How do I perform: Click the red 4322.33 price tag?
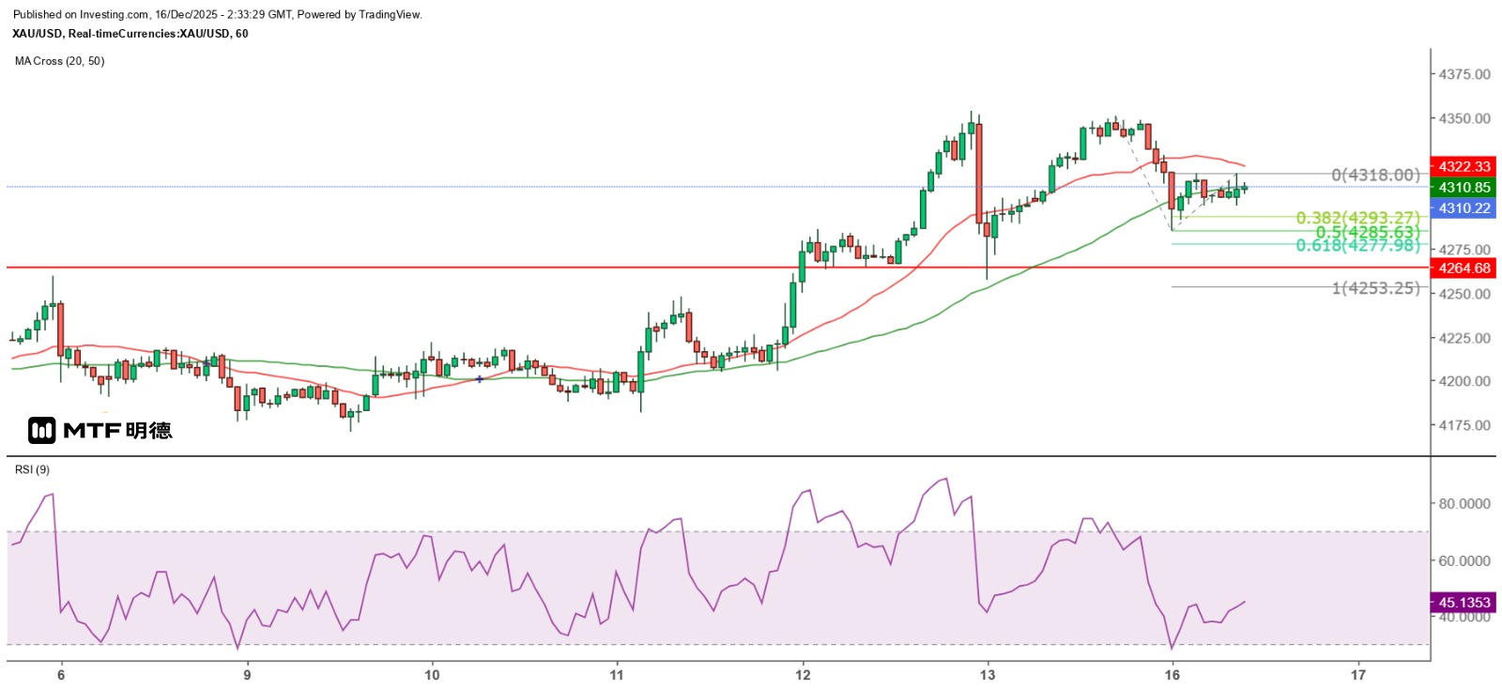[1464, 166]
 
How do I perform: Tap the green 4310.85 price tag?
[1464, 187]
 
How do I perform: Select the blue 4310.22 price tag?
[1464, 208]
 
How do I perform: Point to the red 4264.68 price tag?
[1464, 268]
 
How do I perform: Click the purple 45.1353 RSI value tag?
[1464, 602]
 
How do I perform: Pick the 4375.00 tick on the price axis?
[1464, 74]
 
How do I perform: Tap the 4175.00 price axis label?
[1464, 425]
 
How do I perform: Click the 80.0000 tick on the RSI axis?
[1464, 503]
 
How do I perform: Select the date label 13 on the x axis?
[988, 674]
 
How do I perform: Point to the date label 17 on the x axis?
[1357, 674]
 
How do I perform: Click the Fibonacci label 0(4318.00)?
[1375, 175]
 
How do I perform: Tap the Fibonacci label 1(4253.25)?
[1375, 288]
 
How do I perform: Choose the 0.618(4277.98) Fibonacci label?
[1357, 246]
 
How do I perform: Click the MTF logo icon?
[41, 431]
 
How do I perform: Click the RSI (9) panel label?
[32, 469]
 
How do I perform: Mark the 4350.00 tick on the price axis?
[1464, 118]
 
